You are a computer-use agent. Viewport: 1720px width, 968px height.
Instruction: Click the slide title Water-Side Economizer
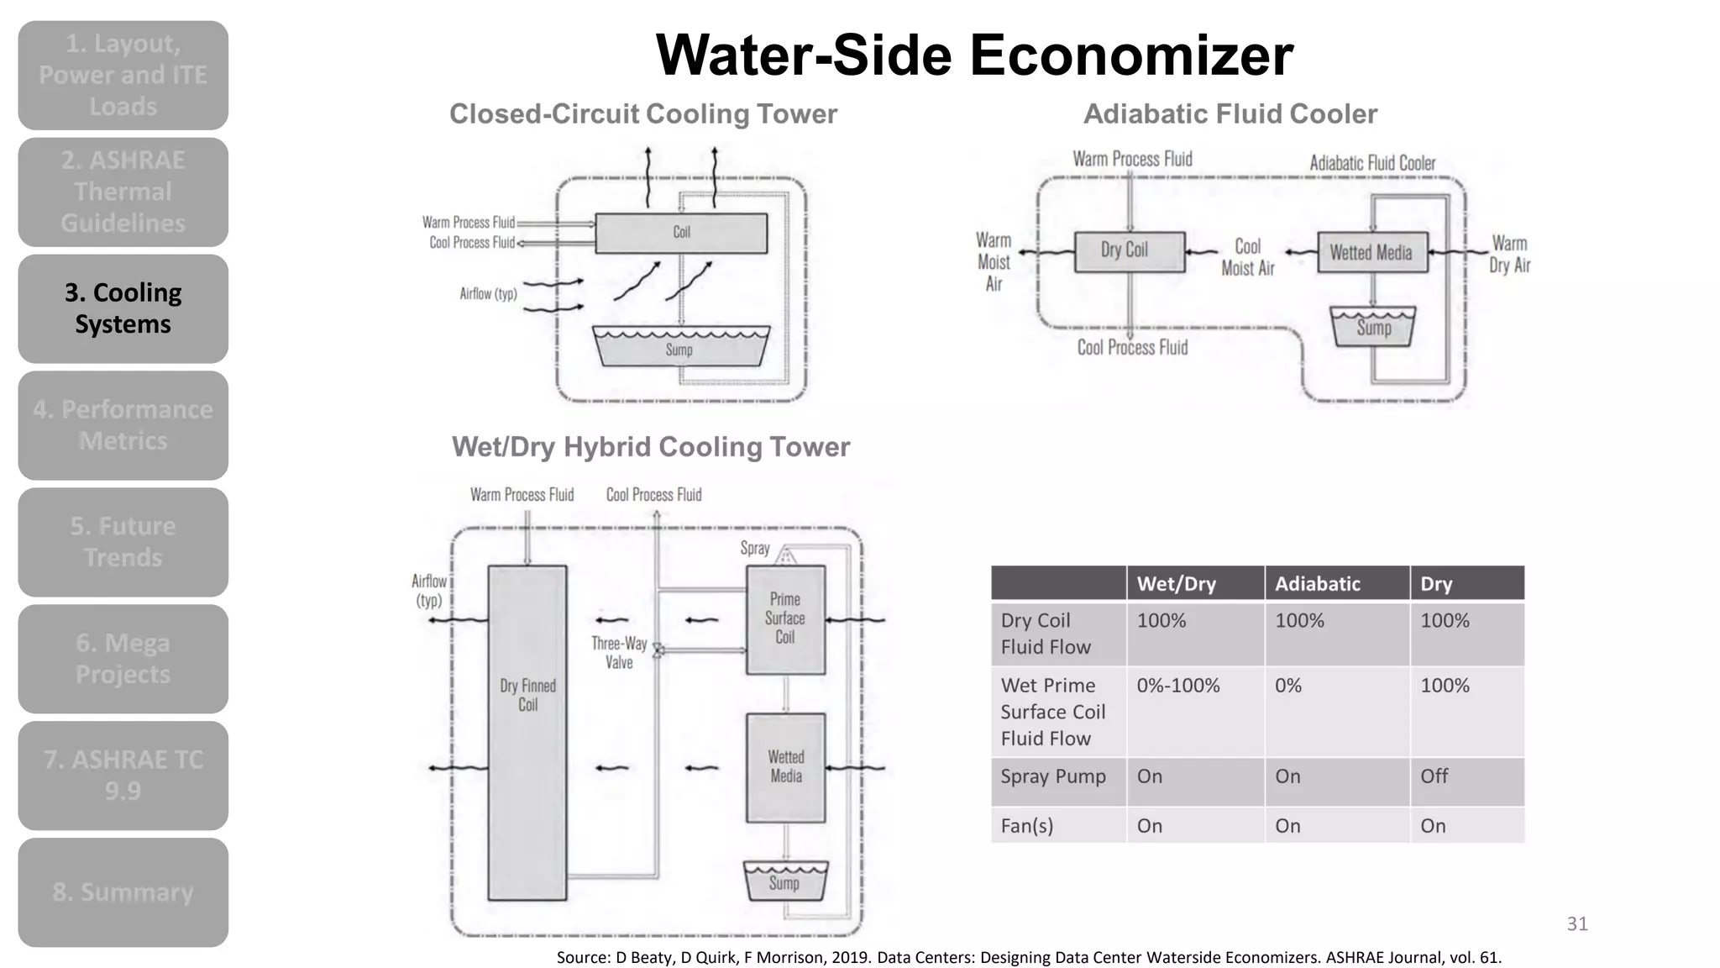(974, 55)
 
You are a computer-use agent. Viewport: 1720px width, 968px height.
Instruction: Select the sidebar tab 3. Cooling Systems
(123, 308)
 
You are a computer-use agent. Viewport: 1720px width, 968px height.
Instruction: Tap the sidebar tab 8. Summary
(123, 892)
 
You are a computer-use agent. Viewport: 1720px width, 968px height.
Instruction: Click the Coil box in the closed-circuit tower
(681, 233)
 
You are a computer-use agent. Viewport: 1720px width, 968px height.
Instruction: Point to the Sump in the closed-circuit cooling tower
(680, 347)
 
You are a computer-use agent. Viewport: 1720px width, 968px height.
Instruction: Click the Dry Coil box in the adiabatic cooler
(1129, 250)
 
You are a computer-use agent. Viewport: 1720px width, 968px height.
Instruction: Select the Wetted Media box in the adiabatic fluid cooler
(1371, 252)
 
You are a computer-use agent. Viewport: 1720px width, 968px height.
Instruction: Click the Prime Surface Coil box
(785, 619)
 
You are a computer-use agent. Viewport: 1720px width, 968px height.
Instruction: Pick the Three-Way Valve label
(619, 653)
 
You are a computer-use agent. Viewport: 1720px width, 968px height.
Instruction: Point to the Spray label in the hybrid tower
(755, 548)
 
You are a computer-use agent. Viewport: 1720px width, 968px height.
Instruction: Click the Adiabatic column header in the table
(1317, 584)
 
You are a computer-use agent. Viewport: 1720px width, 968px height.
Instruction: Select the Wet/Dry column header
(1176, 584)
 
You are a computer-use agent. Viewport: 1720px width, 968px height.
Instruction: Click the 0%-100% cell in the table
(1178, 686)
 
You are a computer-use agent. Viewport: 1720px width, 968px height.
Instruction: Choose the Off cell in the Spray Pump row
(1434, 776)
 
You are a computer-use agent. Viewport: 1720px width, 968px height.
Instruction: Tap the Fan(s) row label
(1027, 826)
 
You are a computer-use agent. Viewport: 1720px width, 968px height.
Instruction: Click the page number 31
(1577, 924)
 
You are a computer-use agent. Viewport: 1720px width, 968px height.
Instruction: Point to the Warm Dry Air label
(1509, 255)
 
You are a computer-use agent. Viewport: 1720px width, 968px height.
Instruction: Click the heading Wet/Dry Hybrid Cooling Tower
(651, 447)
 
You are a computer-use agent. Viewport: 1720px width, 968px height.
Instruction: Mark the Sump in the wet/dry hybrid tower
(785, 881)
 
